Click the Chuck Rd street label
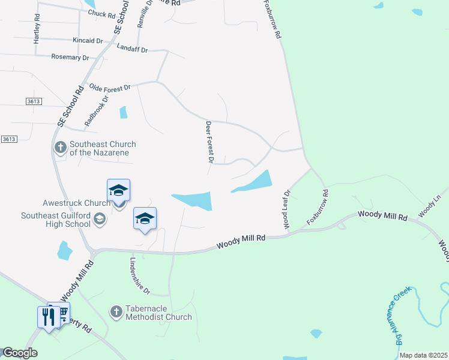101,13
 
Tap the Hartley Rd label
37,29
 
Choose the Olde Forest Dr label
109,88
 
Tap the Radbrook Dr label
96,110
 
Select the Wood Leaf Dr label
287,209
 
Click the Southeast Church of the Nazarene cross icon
60,148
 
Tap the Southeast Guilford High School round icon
100,220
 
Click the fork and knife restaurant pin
46,316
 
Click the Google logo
20,353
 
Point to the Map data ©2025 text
423,355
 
